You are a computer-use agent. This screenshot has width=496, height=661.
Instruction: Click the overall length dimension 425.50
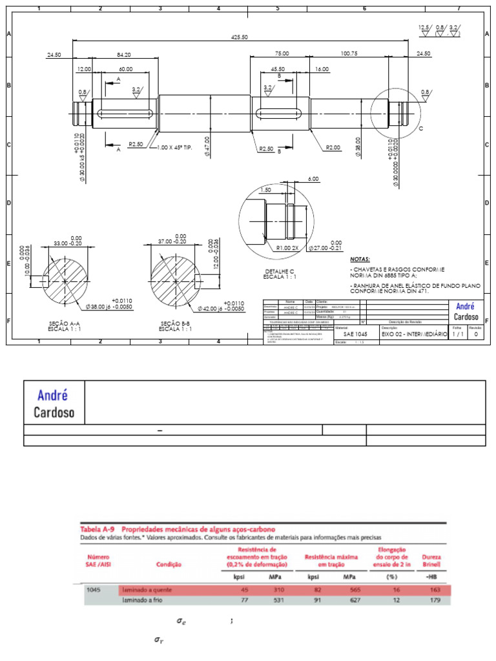pos(240,37)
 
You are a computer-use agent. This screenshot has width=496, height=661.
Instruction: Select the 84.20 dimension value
pos(124,55)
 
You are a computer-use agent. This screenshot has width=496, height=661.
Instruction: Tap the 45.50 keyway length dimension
pos(278,68)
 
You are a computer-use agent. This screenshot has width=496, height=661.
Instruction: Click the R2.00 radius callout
pos(333,148)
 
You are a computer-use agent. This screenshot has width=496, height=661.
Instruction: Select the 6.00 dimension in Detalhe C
pos(313,179)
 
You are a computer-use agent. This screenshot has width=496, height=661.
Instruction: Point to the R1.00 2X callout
pos(287,247)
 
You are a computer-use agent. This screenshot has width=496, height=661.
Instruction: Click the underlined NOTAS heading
pos(360,258)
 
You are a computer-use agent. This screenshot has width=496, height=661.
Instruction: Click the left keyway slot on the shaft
pos(126,114)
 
